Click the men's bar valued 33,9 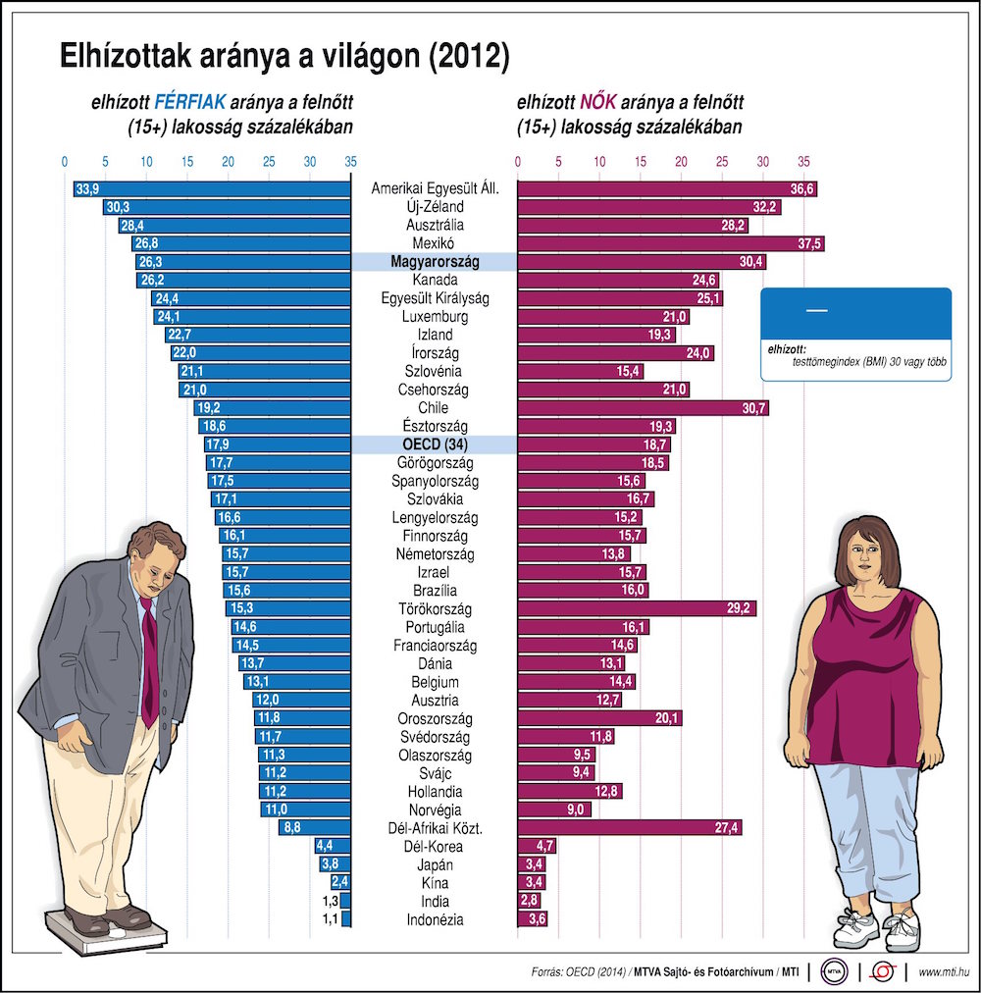point(211,188)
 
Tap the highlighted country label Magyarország point(434,262)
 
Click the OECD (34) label point(434,444)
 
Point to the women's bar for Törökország point(636,608)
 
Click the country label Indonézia point(434,919)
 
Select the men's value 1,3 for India point(331,902)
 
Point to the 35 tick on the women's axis point(802,163)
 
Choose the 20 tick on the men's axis point(228,163)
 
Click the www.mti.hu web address point(944,972)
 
